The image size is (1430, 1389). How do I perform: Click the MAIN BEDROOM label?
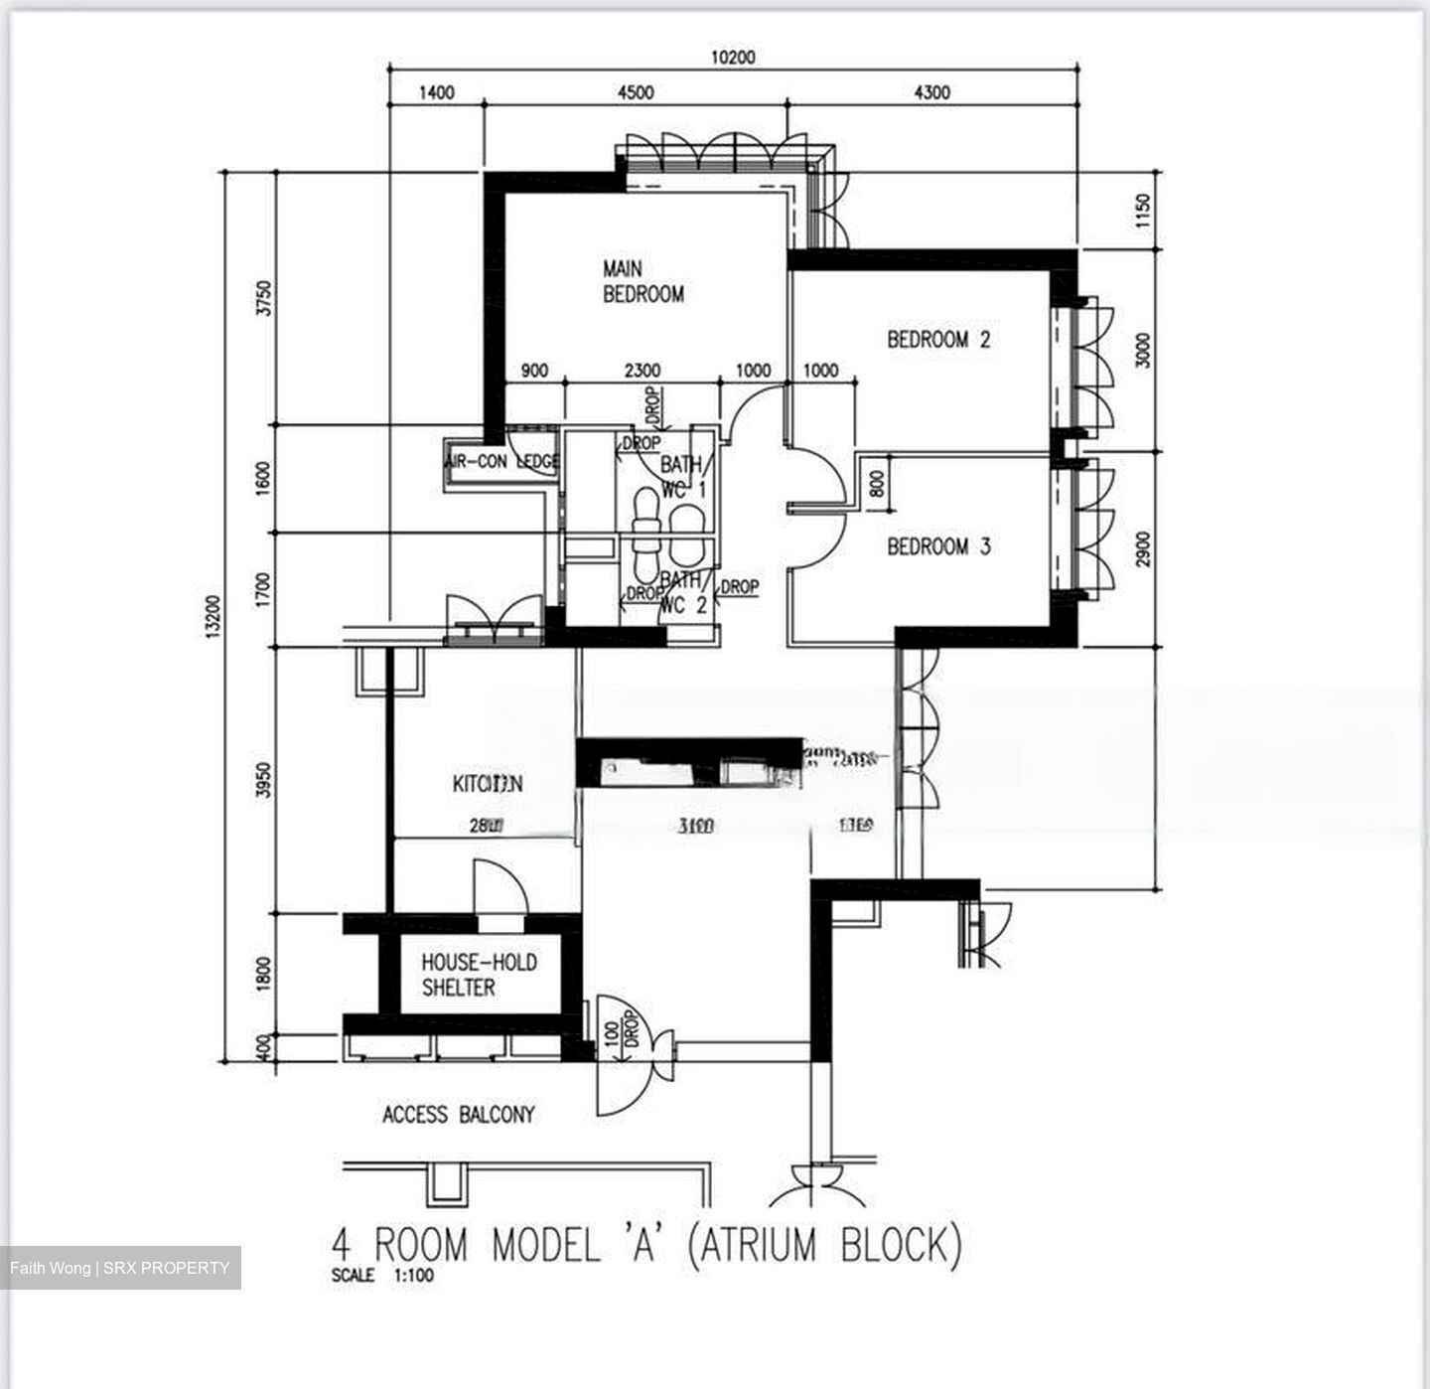pos(643,281)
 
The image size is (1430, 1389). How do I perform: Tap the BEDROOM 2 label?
pos(938,340)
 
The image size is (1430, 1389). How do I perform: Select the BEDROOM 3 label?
pos(938,546)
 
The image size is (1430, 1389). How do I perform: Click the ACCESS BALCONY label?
pos(458,1115)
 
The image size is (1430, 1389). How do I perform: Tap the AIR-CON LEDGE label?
pos(501,462)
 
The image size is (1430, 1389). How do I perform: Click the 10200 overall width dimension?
pos(732,58)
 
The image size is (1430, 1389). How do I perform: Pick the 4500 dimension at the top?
pos(636,92)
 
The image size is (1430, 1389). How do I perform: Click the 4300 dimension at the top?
pos(931,92)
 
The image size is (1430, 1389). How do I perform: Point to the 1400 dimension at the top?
pos(436,92)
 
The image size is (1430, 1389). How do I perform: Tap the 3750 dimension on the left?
pos(263,298)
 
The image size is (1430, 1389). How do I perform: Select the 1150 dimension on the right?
pos(1143,211)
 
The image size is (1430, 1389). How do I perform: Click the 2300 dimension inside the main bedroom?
pos(642,371)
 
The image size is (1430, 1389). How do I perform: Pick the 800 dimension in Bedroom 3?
pos(876,484)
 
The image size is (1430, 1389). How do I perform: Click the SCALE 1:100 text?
pos(382,1276)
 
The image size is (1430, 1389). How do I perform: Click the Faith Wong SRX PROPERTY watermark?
pos(120,1268)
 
